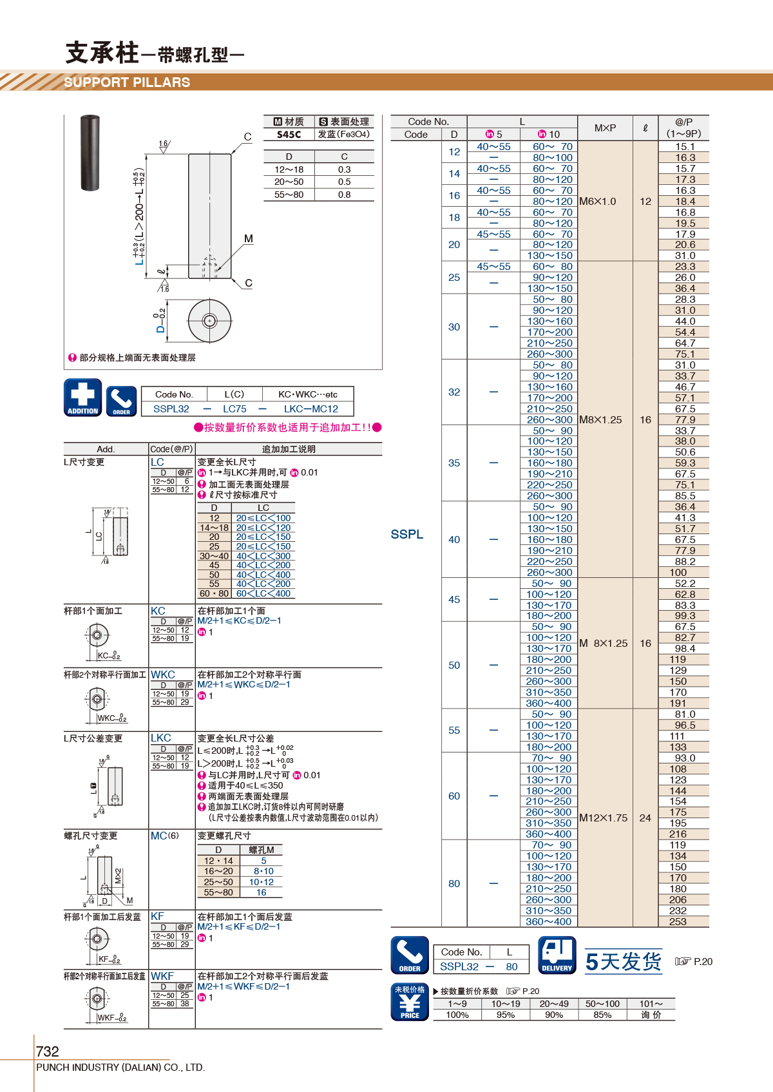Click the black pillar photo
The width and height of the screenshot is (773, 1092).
pyautogui.click(x=90, y=153)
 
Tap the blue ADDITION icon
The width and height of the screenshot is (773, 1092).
pyautogui.click(x=82, y=398)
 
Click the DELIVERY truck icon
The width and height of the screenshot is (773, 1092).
pyautogui.click(x=557, y=955)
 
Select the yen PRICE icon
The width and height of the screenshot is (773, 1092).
pyautogui.click(x=410, y=1002)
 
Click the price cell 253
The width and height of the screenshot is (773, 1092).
pyautogui.click(x=678, y=922)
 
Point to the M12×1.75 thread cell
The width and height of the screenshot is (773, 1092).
pyautogui.click(x=603, y=818)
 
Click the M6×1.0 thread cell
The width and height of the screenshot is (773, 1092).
pyautogui.click(x=598, y=202)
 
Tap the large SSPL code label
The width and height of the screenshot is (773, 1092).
pyautogui.click(x=407, y=534)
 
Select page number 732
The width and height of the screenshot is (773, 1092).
pyautogui.click(x=47, y=1051)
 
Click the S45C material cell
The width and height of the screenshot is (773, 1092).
pyautogui.click(x=289, y=135)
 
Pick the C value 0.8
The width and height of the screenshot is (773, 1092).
pyautogui.click(x=344, y=195)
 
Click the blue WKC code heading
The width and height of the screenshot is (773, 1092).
pyautogui.click(x=163, y=675)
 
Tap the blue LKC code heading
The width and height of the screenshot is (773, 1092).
pyautogui.click(x=161, y=738)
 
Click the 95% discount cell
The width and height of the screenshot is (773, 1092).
pyautogui.click(x=506, y=1015)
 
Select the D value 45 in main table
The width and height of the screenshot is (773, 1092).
pyautogui.click(x=453, y=600)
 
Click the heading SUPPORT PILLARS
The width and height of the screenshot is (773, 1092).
pyautogui.click(x=127, y=82)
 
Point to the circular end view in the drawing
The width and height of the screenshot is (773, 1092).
pyautogui.click(x=209, y=321)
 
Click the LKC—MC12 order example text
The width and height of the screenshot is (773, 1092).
pyautogui.click(x=311, y=409)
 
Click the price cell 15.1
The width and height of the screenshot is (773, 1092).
pyautogui.click(x=685, y=147)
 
